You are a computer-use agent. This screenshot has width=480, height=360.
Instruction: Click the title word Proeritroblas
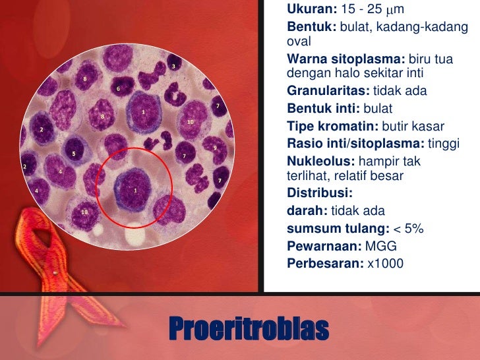click(249, 328)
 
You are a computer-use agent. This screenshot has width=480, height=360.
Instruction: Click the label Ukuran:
click(312, 11)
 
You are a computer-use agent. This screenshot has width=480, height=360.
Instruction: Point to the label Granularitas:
click(328, 90)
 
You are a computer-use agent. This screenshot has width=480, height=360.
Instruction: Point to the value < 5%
click(409, 229)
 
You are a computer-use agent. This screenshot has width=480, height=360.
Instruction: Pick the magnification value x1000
click(384, 264)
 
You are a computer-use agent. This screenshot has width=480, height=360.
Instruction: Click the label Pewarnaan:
click(323, 246)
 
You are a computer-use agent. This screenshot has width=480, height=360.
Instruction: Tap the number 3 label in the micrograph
click(173, 67)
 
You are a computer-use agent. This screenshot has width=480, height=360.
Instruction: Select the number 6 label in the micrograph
click(118, 88)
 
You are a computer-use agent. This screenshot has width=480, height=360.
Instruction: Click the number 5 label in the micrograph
click(73, 154)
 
